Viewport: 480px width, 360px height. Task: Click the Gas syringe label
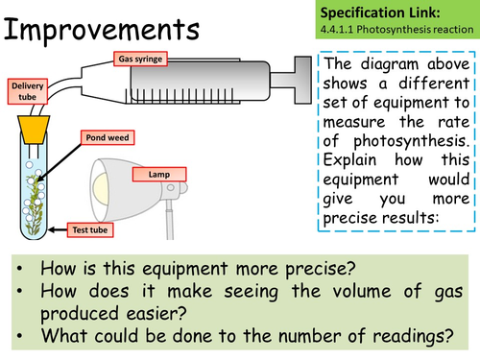click(x=140, y=59)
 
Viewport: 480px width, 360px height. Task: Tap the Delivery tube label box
click(x=28, y=91)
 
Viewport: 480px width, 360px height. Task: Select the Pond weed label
click(x=108, y=137)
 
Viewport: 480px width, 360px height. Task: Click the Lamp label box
click(x=159, y=175)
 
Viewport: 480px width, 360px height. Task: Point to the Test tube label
click(x=90, y=229)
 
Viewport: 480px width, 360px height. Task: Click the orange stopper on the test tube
click(x=34, y=129)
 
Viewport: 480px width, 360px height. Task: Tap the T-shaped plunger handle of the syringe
click(x=302, y=80)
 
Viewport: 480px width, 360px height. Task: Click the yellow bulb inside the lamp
click(x=100, y=189)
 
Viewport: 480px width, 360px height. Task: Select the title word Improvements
click(x=102, y=30)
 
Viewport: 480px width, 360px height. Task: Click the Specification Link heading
click(x=380, y=12)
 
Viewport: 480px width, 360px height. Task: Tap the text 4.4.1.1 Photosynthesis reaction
click(x=396, y=30)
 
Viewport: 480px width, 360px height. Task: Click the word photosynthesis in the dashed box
click(x=411, y=141)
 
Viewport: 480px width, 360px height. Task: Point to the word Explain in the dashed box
click(x=349, y=160)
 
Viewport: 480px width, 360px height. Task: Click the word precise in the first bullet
click(x=321, y=269)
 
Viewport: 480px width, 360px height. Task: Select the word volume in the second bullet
click(x=362, y=291)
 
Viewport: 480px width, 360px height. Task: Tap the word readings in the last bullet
click(x=413, y=337)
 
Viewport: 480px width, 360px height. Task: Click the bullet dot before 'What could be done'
click(x=20, y=336)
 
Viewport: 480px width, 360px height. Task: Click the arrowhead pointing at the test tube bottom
click(x=51, y=229)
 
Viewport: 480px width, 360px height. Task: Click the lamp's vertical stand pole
click(x=170, y=220)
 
